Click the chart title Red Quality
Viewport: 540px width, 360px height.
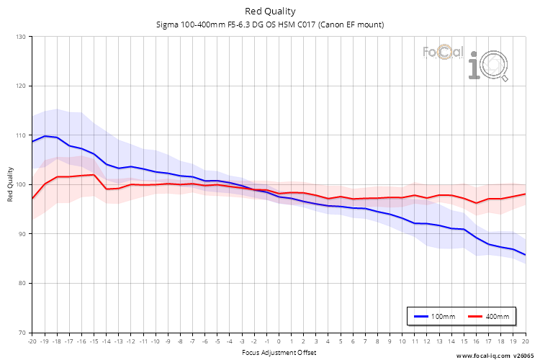(270, 11)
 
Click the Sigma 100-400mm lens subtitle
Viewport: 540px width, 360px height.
(270, 24)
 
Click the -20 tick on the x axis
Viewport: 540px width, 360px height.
(32, 341)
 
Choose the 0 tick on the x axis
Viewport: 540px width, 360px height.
(279, 341)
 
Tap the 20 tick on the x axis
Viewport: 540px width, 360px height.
(525, 341)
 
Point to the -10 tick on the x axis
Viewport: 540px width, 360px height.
(156, 341)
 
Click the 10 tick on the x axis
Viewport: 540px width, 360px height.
(402, 341)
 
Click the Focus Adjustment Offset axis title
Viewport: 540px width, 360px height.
(279, 353)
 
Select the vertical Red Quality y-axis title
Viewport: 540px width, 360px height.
(10, 185)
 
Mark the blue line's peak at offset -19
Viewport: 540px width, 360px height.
(45, 136)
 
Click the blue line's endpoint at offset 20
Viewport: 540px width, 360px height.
(525, 255)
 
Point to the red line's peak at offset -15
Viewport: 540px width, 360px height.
(94, 174)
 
